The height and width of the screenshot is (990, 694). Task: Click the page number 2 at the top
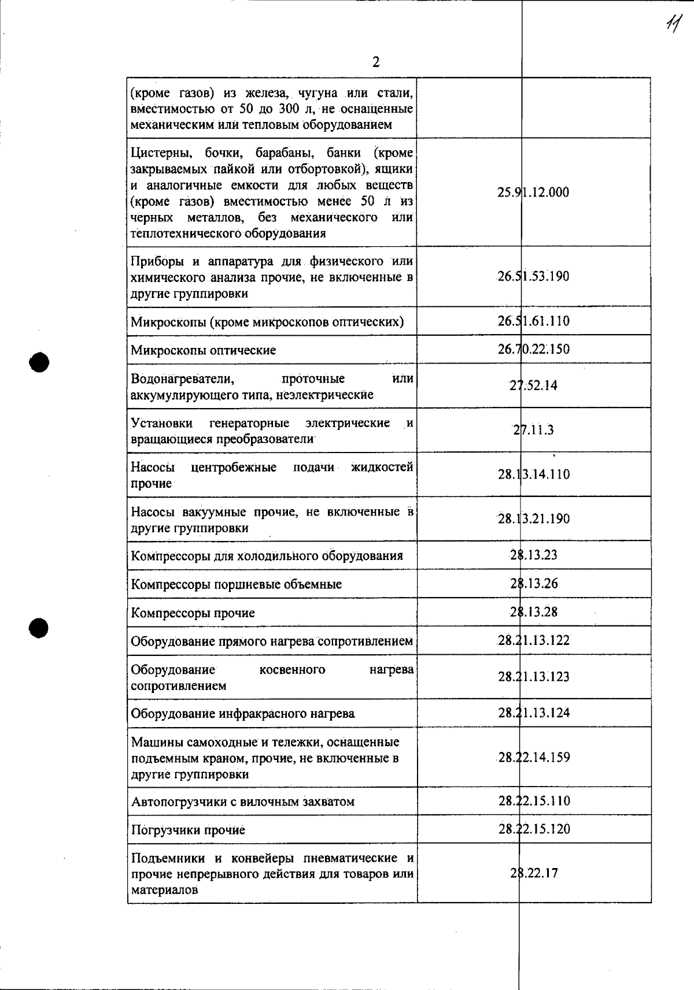(x=376, y=62)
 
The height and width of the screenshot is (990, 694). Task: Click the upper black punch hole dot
(x=39, y=362)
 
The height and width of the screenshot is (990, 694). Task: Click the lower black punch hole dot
(x=39, y=627)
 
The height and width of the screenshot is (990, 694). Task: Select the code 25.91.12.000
(x=533, y=192)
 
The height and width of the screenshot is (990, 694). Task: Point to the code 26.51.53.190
(x=533, y=276)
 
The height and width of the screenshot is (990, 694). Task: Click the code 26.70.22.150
(x=533, y=349)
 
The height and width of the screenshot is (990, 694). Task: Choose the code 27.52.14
(x=533, y=385)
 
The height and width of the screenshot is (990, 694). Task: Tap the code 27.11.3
(x=533, y=430)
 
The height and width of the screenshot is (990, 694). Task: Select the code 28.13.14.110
(x=533, y=474)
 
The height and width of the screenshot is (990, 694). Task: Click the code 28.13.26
(x=533, y=584)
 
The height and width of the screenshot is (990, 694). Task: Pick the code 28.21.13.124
(x=533, y=713)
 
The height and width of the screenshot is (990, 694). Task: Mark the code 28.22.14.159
(x=533, y=757)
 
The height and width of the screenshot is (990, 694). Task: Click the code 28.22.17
(x=533, y=873)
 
